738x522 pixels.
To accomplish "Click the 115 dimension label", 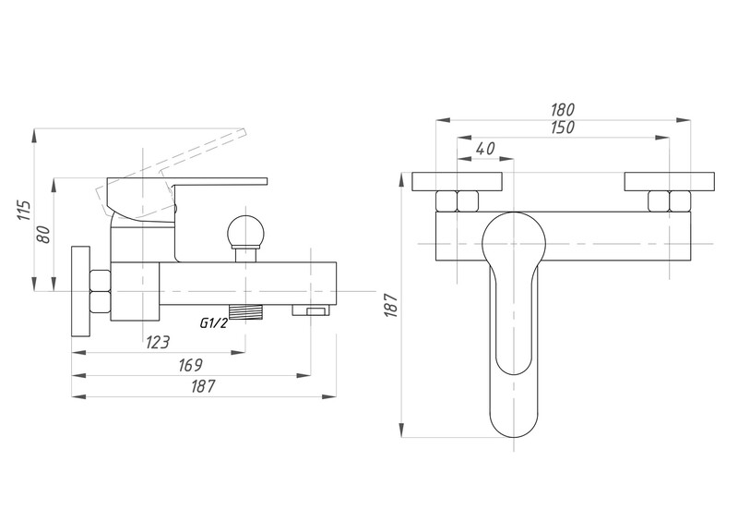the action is click(25, 211).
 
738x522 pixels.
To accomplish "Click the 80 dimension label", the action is click(42, 235).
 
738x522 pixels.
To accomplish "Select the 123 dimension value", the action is click(157, 342).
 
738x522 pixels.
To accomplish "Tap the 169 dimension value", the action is click(190, 365).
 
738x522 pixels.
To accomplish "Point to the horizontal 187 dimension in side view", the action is click(203, 387).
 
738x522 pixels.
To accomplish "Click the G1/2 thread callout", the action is click(214, 323).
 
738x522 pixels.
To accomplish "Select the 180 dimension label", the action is click(563, 110).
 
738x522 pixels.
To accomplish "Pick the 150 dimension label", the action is click(563, 127).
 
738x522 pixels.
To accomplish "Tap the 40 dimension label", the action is click(485, 149).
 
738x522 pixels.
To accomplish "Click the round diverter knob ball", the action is click(245, 232).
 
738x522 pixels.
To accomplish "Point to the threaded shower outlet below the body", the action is click(245, 311).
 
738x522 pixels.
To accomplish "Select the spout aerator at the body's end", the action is click(311, 310).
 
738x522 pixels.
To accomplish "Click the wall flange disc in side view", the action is click(80, 291).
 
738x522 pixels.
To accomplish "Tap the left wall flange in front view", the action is click(457, 182).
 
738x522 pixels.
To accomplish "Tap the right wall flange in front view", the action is click(670, 182).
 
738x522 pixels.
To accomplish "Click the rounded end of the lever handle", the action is click(514, 419).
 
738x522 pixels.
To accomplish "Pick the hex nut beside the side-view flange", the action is click(101, 291).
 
